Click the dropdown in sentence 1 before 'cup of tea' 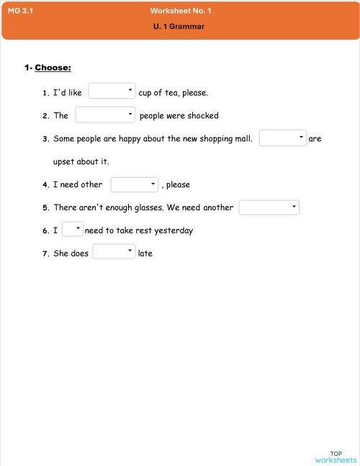pos(112,91)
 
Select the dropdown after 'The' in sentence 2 pos(105,115)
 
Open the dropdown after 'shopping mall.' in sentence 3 pos(282,138)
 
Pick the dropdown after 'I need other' pos(134,184)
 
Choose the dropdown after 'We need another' pos(269,207)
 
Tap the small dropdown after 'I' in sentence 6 pos(72,230)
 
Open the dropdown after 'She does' pos(114,252)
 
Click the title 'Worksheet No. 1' pos(181,11)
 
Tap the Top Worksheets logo pos(335,455)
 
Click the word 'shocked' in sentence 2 pos(203,115)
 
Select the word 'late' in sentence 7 pos(145,254)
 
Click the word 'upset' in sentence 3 pos(65,161)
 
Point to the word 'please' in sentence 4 pos(178,185)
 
